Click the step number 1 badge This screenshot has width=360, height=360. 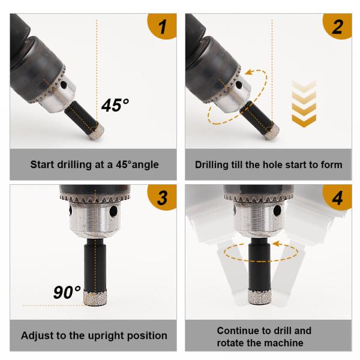(x=163, y=26)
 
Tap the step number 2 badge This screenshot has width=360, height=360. (x=338, y=26)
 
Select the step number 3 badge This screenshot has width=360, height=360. (x=163, y=197)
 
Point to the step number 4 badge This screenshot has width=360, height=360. (x=338, y=197)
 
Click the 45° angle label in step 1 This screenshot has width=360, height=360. (x=115, y=105)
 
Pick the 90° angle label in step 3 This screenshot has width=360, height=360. (x=67, y=292)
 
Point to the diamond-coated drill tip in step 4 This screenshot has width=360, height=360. (x=260, y=297)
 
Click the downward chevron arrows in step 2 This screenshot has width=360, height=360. (x=304, y=104)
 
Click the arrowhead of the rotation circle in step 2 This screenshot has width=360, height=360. (x=250, y=73)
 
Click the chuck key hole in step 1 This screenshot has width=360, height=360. (x=64, y=85)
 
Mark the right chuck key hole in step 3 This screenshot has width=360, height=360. (x=113, y=211)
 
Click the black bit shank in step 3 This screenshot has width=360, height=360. (x=95, y=265)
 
